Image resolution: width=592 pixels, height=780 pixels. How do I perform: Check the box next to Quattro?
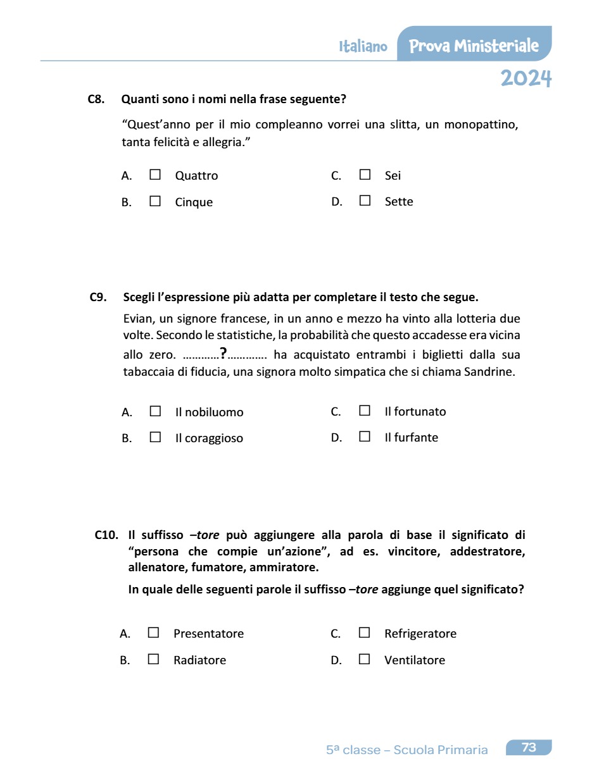[x=155, y=175]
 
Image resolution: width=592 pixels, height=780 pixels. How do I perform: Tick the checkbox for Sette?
[x=365, y=201]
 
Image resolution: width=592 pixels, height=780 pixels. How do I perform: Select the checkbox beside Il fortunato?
[x=365, y=411]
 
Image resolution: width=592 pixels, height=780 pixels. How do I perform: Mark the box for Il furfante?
[x=365, y=436]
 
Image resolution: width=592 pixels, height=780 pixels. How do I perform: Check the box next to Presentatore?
[x=153, y=633]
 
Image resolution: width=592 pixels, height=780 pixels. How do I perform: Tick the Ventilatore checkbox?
[x=364, y=659]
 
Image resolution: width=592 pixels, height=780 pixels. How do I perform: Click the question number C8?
[x=96, y=99]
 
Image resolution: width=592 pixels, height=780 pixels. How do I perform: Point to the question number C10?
[x=106, y=535]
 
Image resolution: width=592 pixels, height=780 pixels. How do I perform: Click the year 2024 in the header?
[x=526, y=78]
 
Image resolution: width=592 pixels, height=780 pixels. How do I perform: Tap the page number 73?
[x=529, y=748]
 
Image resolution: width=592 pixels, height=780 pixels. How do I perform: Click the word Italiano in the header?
[x=363, y=47]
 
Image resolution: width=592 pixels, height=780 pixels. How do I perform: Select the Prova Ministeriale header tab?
[x=474, y=46]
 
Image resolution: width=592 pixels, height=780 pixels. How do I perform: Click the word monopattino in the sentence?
[x=481, y=125]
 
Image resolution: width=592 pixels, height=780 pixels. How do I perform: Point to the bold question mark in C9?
[x=223, y=354]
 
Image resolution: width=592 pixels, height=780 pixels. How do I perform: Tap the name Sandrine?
[x=489, y=372]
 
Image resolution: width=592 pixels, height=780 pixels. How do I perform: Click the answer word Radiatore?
[x=199, y=660]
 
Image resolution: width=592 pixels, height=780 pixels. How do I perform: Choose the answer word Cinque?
[x=194, y=202]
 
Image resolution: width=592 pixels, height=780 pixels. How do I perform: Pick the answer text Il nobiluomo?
[x=209, y=412]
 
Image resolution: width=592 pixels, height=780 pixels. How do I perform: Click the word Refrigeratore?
[x=420, y=634]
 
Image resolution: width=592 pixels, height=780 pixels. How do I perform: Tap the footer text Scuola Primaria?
[x=441, y=750]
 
